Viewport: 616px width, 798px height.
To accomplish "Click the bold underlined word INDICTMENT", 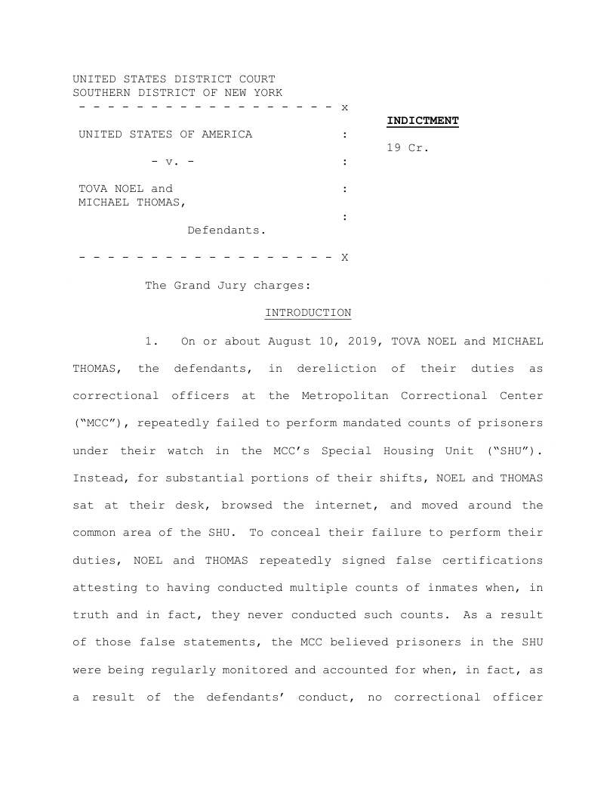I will [x=423, y=121].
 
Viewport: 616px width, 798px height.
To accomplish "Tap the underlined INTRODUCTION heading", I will [x=308, y=313].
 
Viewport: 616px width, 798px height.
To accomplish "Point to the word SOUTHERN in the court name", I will [x=101, y=93].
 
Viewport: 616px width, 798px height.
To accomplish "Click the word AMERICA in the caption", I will [x=226, y=135].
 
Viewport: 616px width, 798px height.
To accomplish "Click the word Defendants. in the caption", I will [x=226, y=230].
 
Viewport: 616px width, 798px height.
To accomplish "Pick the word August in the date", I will [x=290, y=341].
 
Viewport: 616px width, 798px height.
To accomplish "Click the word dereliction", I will [x=337, y=369].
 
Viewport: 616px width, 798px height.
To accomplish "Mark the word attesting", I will [x=105, y=587].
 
